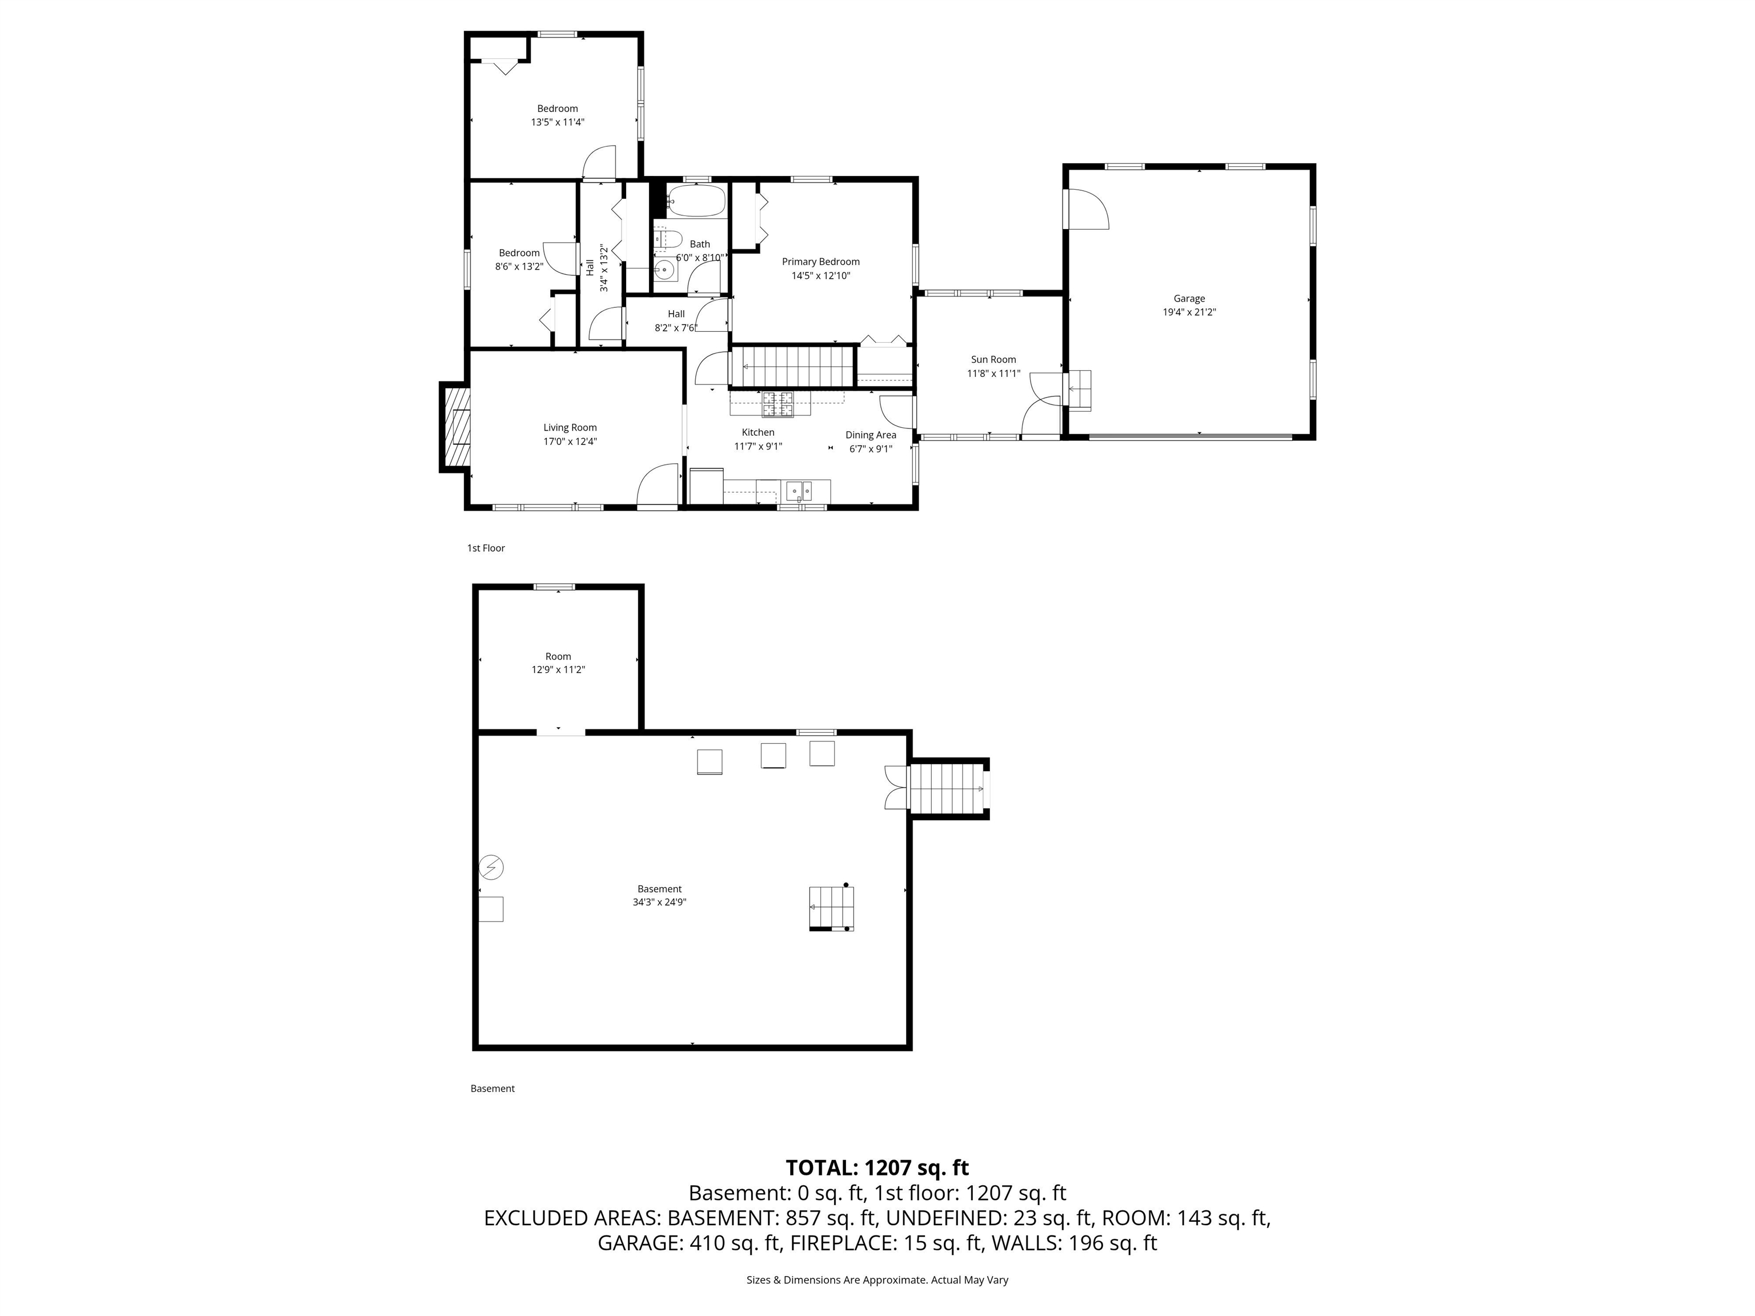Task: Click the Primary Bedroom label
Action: pyautogui.click(x=820, y=262)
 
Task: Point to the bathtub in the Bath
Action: pyautogui.click(x=696, y=202)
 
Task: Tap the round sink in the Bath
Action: pyautogui.click(x=665, y=270)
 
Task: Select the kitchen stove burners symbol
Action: pyautogui.click(x=778, y=404)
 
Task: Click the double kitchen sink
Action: pyautogui.click(x=799, y=491)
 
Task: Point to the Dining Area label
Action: pyautogui.click(x=871, y=435)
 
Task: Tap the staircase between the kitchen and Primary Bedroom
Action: pyautogui.click(x=794, y=367)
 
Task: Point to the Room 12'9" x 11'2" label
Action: pyautogui.click(x=558, y=663)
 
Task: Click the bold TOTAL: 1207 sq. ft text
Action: pyautogui.click(x=877, y=1167)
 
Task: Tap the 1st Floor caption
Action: pyautogui.click(x=486, y=548)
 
